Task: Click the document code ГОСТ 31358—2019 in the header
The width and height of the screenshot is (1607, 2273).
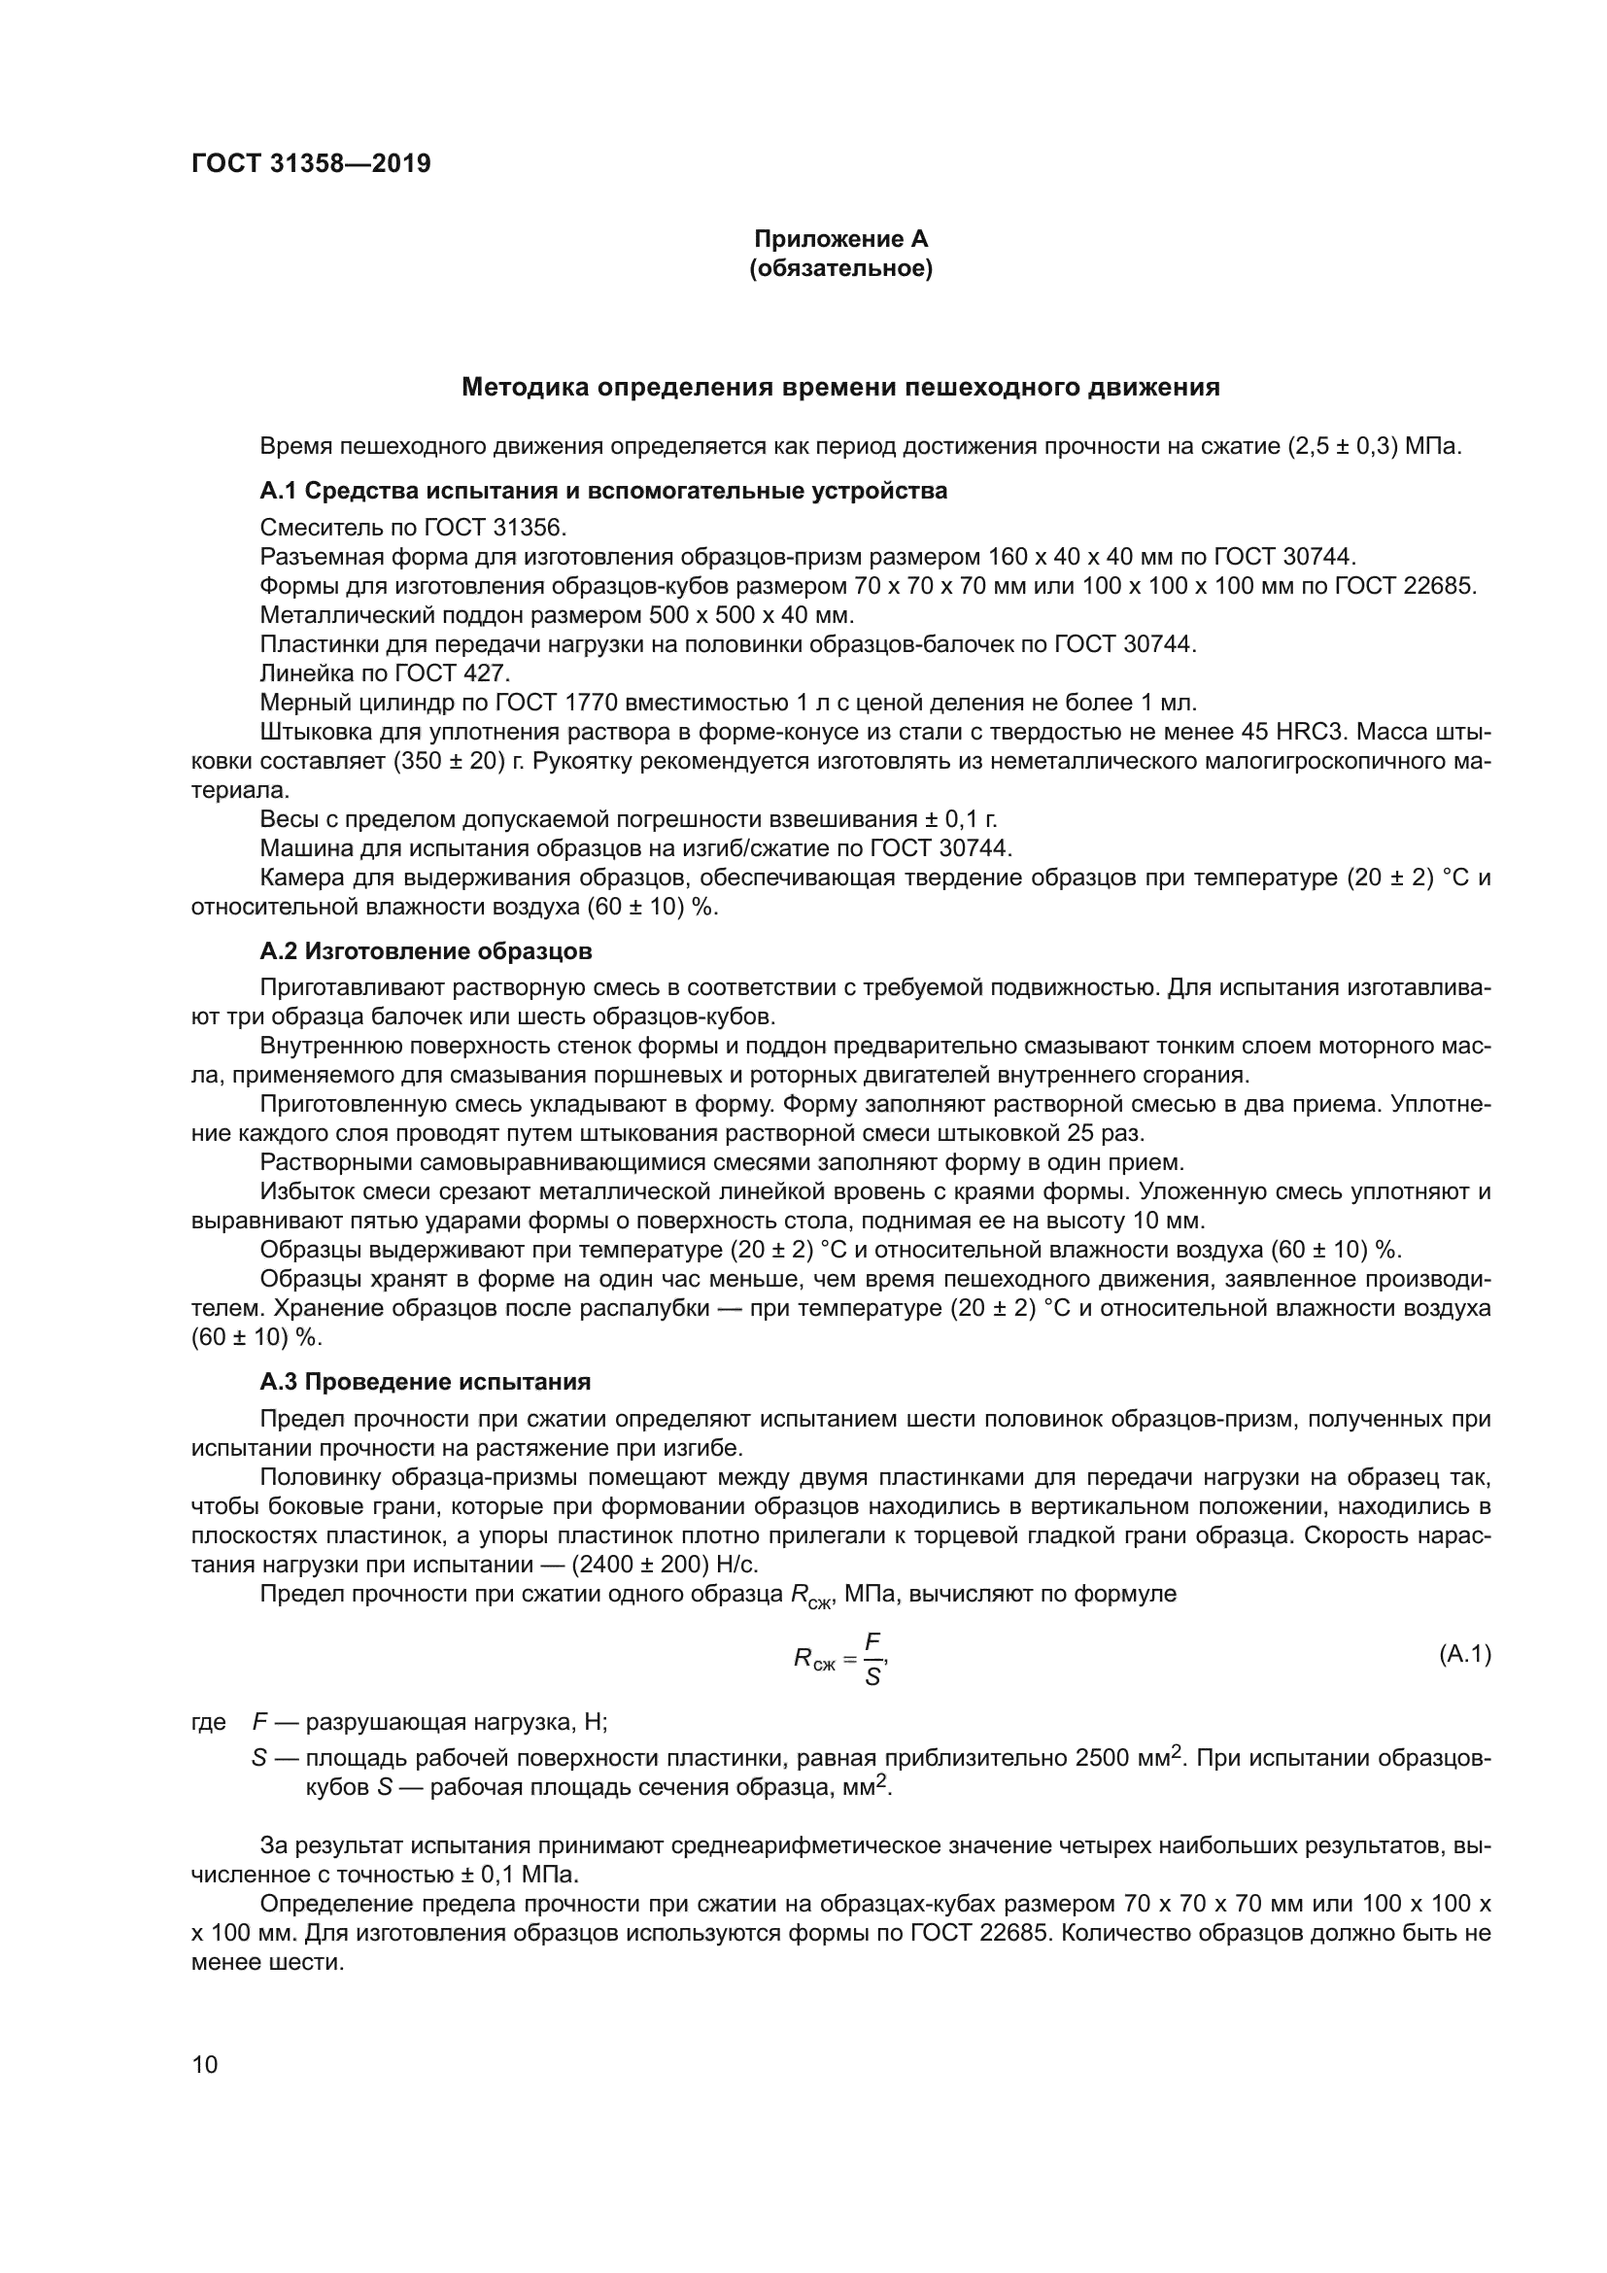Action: (311, 164)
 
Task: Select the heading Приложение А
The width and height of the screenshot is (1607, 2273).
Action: (840, 240)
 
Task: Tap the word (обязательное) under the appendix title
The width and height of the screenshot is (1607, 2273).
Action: (840, 269)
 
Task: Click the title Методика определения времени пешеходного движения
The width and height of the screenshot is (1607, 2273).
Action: (840, 388)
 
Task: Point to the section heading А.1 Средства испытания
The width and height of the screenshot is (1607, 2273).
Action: (602, 491)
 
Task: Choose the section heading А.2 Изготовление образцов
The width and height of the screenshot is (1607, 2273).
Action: (426, 952)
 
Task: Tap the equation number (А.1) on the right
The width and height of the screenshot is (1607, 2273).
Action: (1463, 1653)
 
